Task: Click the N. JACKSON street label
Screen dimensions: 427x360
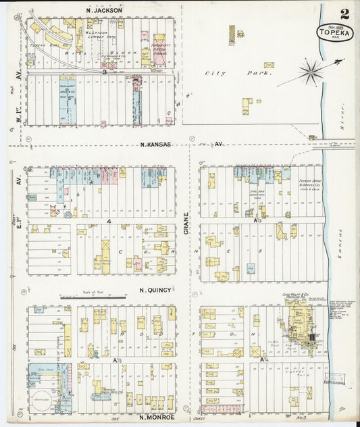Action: (105, 10)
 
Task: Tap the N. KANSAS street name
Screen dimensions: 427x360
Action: (155, 144)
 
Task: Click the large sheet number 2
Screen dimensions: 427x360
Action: (344, 13)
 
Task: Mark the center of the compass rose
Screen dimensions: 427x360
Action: (310, 70)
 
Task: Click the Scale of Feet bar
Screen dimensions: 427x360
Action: (93, 297)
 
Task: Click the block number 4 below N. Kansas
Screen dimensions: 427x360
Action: (108, 220)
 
